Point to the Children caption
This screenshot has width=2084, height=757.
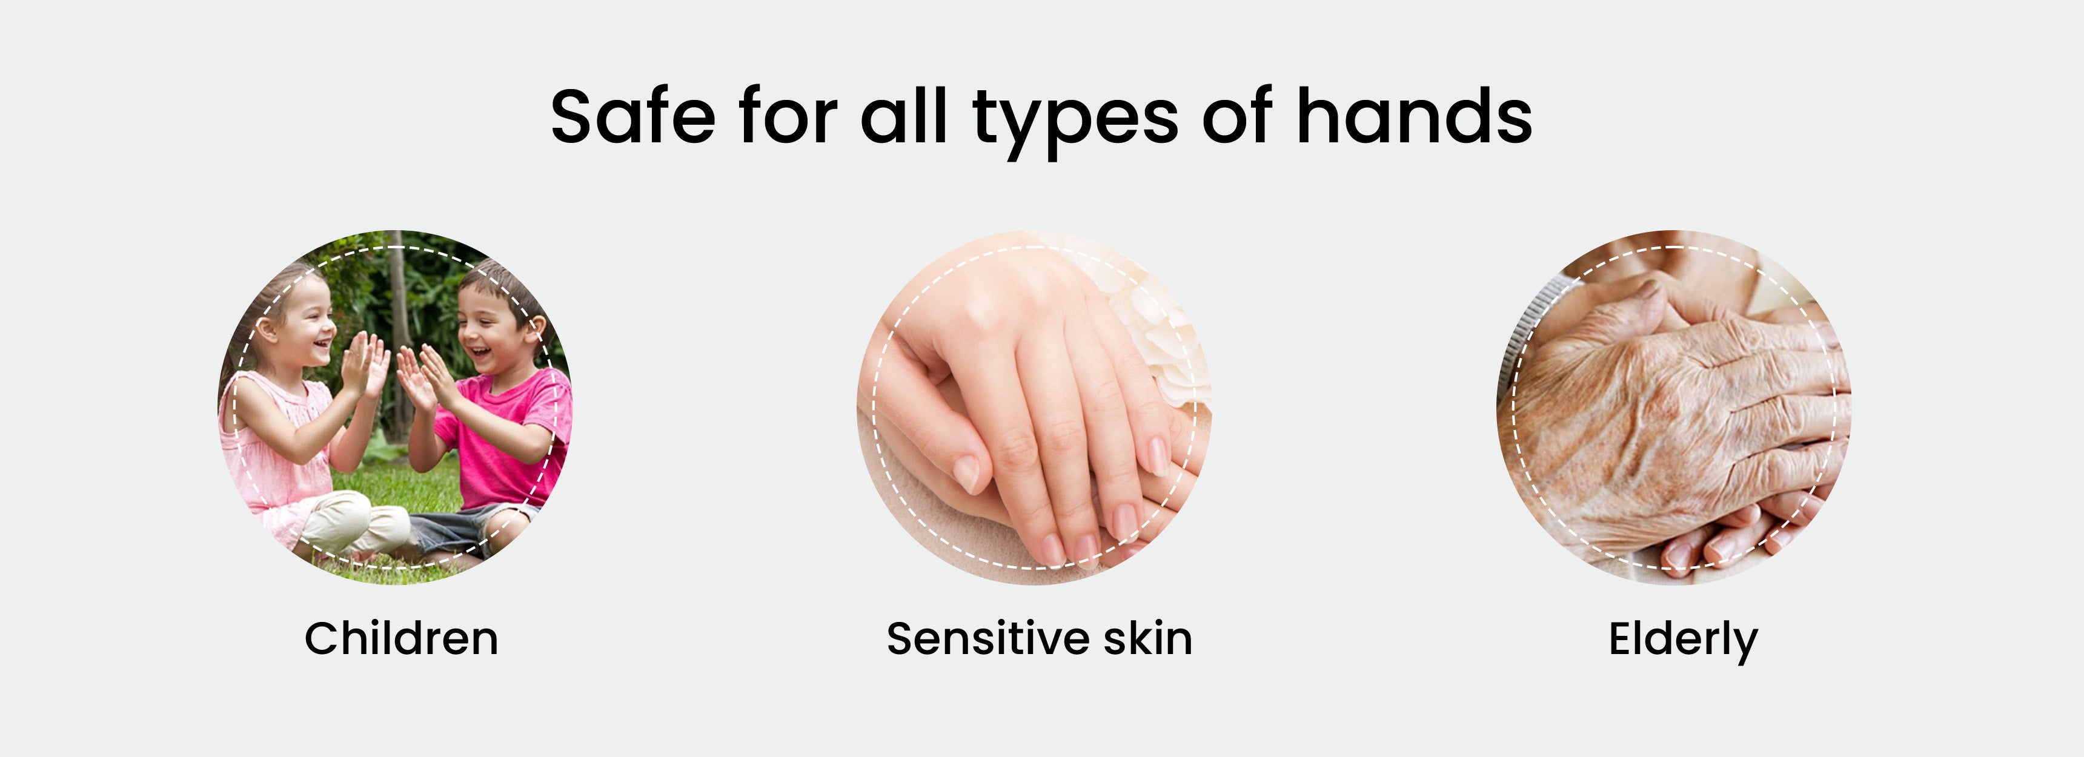(x=401, y=638)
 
